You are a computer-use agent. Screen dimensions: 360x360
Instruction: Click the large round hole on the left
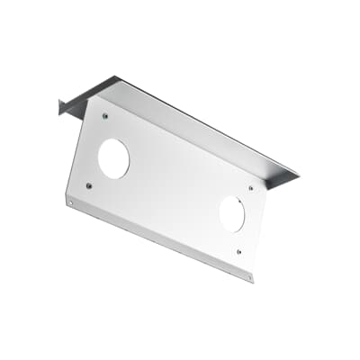point(113,158)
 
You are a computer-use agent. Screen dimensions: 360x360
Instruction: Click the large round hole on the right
point(231,214)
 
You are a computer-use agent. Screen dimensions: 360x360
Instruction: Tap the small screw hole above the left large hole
point(105,116)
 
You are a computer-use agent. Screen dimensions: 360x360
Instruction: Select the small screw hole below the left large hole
point(88,186)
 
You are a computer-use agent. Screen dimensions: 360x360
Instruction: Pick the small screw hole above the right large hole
point(250,188)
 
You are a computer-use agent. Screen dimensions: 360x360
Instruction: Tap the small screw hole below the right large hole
point(238,252)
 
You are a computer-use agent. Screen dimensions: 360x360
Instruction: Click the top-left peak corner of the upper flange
point(116,76)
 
